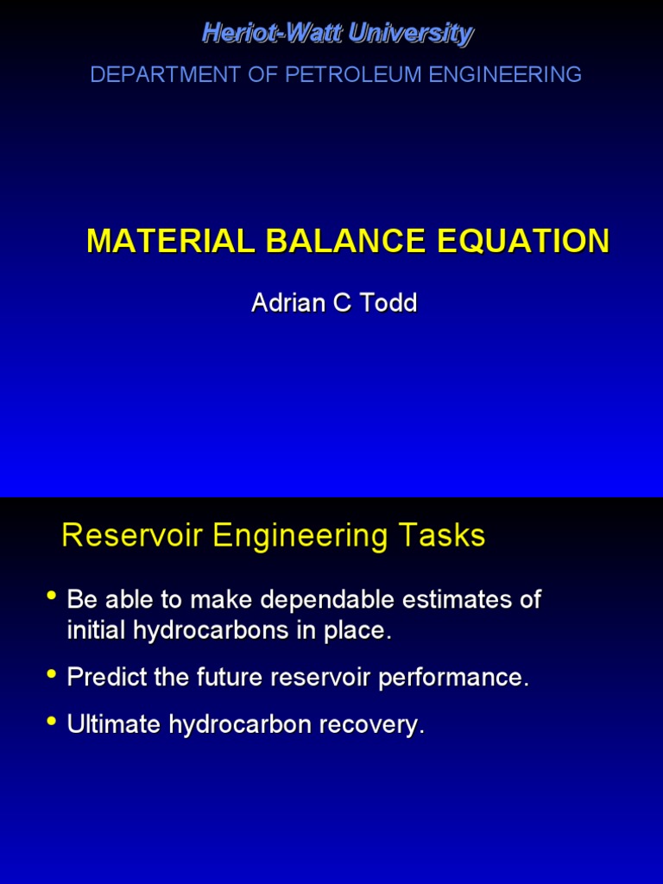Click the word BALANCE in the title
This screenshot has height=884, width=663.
335,241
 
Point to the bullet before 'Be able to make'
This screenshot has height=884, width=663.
52,596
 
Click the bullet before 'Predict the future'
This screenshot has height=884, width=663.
52,673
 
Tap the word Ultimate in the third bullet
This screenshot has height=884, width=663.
114,724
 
